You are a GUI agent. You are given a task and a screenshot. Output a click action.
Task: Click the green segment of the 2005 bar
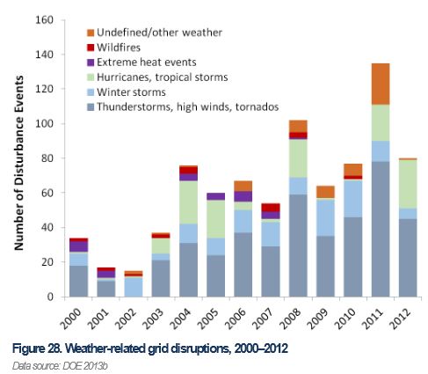coord(215,219)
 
